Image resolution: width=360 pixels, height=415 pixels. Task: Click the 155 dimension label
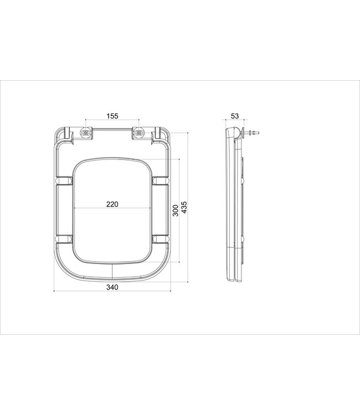pyautogui.click(x=112, y=116)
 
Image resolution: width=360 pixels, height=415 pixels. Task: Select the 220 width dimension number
pyautogui.click(x=112, y=204)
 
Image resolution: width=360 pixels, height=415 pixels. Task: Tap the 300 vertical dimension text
pyautogui.click(x=176, y=210)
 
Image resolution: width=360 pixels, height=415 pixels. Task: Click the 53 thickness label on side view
pyautogui.click(x=234, y=116)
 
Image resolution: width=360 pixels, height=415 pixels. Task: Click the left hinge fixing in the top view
pyautogui.click(x=86, y=134)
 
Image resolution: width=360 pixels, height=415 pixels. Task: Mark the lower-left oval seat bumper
pyautogui.click(x=64, y=238)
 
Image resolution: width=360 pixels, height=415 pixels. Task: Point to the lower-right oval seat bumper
pyautogui.click(x=160, y=238)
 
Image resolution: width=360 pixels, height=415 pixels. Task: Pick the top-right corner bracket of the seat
pyautogui.click(x=160, y=134)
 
